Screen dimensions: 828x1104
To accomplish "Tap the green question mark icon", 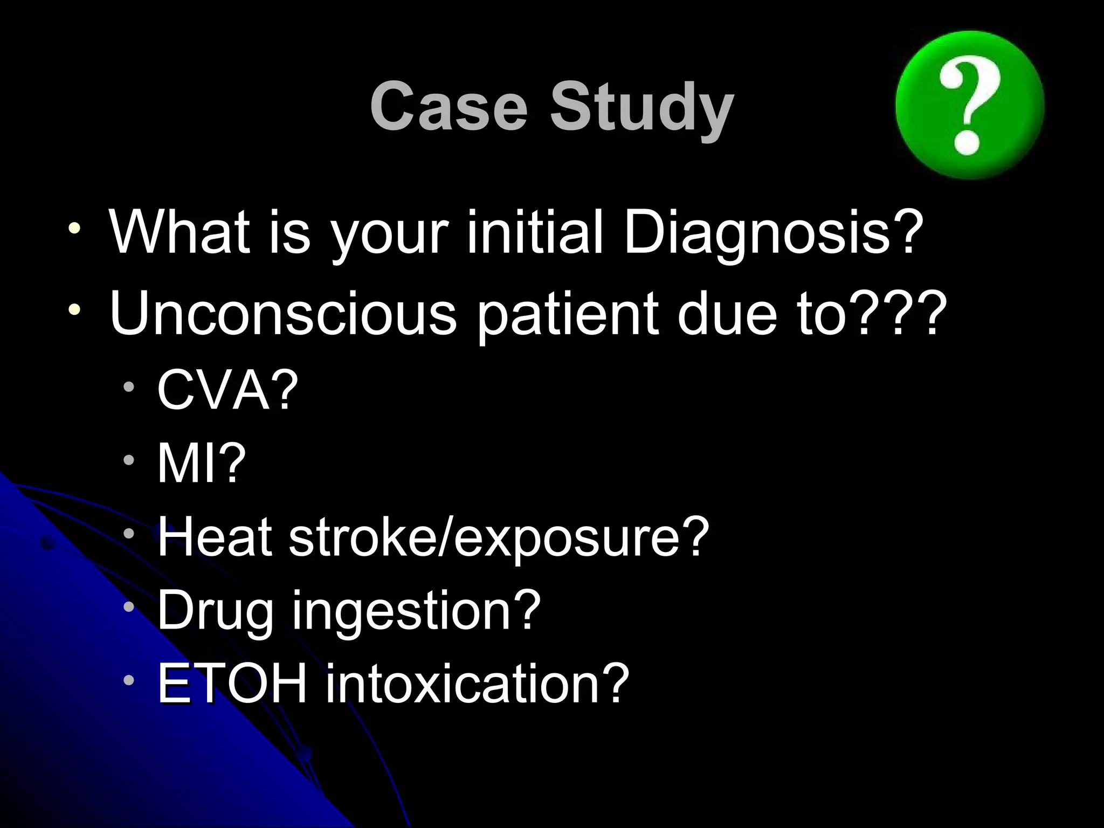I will coord(970,105).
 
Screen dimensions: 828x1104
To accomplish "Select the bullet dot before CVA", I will coord(128,386).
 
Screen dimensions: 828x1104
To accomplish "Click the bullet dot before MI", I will coord(128,460).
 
